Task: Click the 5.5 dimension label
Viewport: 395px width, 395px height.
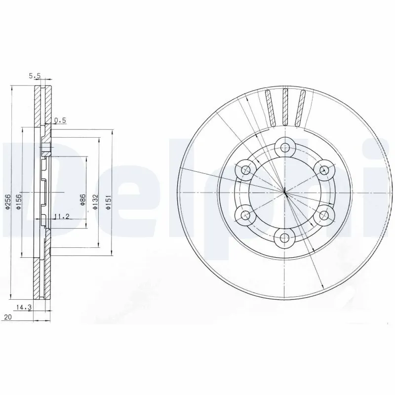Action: click(x=35, y=76)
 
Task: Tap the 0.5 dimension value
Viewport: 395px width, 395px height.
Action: click(x=60, y=120)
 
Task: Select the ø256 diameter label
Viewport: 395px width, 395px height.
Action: click(x=7, y=201)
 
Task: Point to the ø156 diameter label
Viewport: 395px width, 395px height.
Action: click(x=18, y=201)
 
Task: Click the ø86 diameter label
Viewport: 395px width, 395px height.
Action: click(x=82, y=199)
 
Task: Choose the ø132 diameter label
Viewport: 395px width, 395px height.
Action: click(x=95, y=201)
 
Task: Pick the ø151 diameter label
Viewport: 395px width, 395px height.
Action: click(x=108, y=202)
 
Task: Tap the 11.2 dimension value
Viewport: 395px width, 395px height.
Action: click(x=61, y=216)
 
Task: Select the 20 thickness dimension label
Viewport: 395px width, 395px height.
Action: click(x=8, y=317)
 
